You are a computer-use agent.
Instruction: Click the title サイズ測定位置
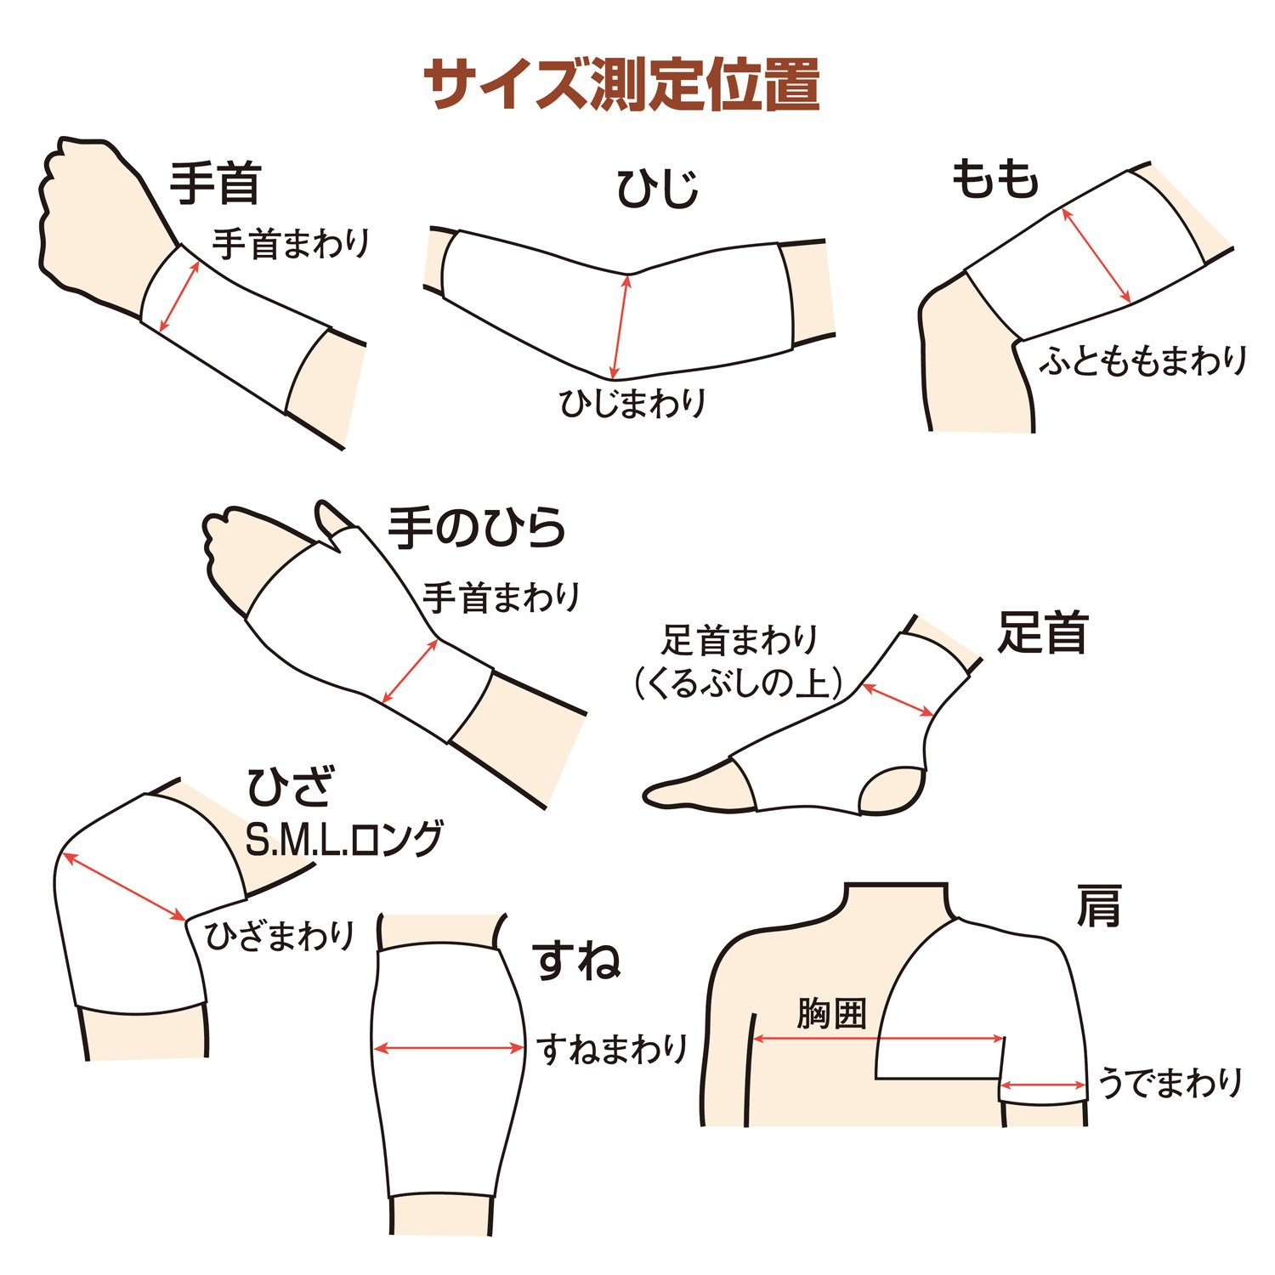point(621,84)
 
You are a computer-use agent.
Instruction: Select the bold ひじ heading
point(658,188)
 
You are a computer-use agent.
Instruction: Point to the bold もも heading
point(994,178)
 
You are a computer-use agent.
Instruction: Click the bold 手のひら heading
point(477,527)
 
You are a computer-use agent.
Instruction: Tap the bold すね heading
point(576,960)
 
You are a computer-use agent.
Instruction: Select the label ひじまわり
point(633,402)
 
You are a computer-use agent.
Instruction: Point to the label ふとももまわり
point(1143,360)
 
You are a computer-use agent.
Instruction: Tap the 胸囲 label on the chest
point(831,1013)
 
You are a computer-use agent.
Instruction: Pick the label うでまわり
point(1170,1083)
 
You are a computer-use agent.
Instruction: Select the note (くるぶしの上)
point(739,683)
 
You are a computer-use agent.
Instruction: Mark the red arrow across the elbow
point(620,327)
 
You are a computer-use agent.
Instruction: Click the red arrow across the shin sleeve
point(449,1049)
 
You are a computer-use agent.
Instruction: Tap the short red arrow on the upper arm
point(1044,1085)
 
